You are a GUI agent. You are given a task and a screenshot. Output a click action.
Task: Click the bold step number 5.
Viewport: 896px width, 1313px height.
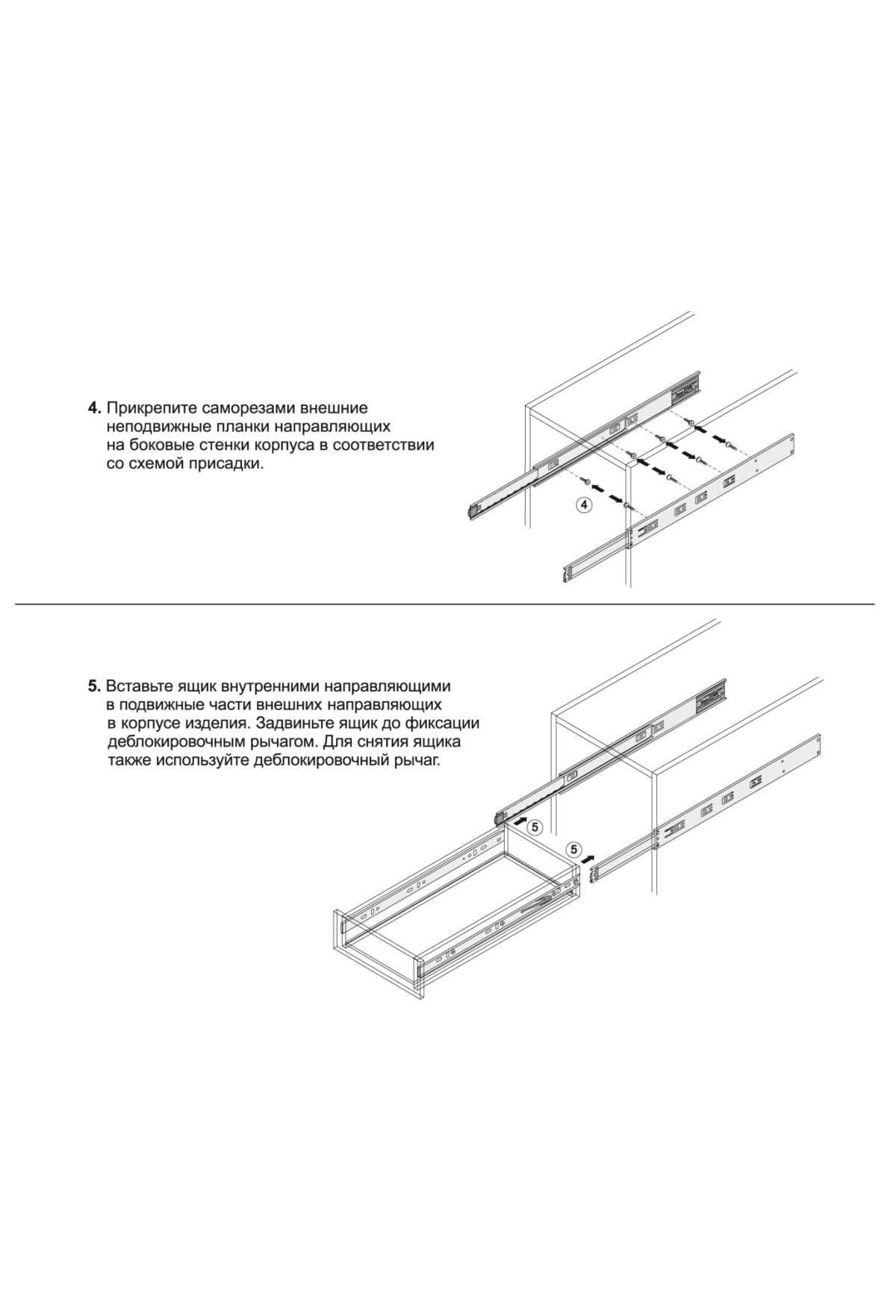pyautogui.click(x=95, y=685)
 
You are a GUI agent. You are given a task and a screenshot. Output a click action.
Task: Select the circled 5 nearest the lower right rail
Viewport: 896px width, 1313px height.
pyautogui.click(x=573, y=849)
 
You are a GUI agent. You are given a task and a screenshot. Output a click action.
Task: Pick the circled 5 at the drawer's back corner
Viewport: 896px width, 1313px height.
pyautogui.click(x=535, y=826)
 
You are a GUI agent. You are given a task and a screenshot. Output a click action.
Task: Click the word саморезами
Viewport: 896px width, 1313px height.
pyautogui.click(x=238, y=409)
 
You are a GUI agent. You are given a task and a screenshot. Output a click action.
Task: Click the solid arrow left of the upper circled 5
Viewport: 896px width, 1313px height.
pyautogui.click(x=514, y=821)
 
